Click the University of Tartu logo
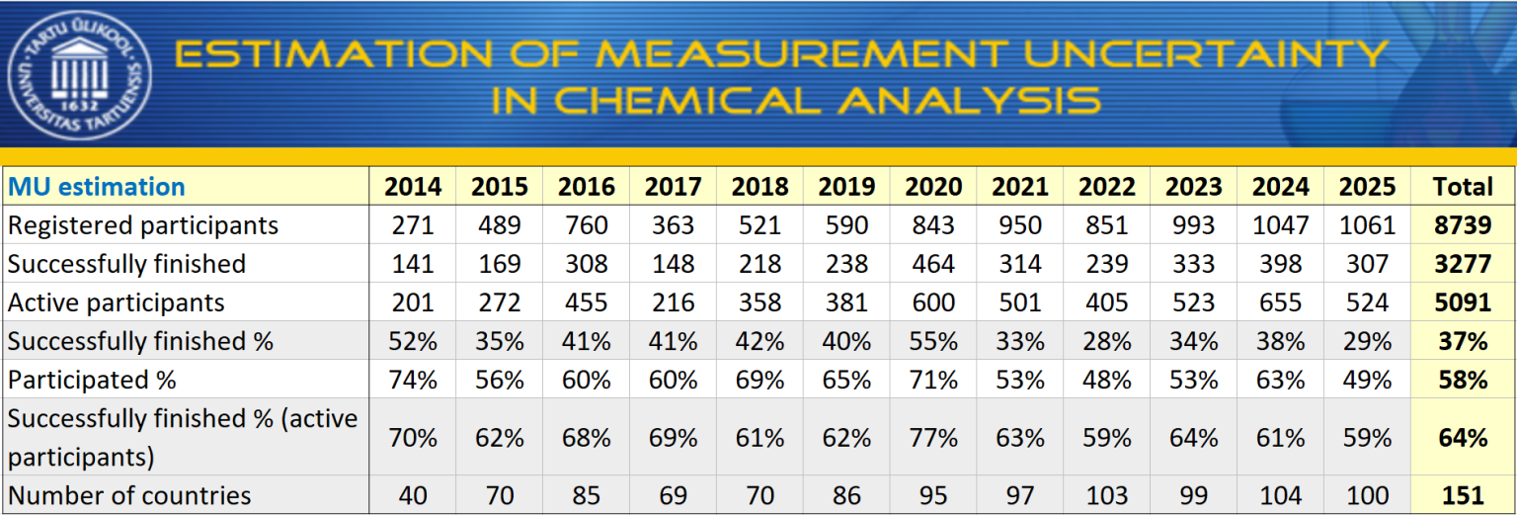pos(80,74)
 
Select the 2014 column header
pos(413,187)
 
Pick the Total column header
pos(1463,187)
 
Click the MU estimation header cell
pos(97,187)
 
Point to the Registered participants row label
pos(143,225)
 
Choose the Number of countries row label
pos(129,495)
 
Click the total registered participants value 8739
pos(1463,225)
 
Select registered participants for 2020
pos(933,225)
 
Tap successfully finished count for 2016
pos(586,264)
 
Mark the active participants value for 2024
pos(1281,302)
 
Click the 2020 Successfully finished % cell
pos(933,341)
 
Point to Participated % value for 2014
pos(413,380)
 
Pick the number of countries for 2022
pos(1107,495)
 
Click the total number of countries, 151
pos(1463,495)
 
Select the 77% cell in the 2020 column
pos(933,437)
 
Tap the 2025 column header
pos(1368,187)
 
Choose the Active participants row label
pos(117,302)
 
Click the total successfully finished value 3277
pos(1463,264)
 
